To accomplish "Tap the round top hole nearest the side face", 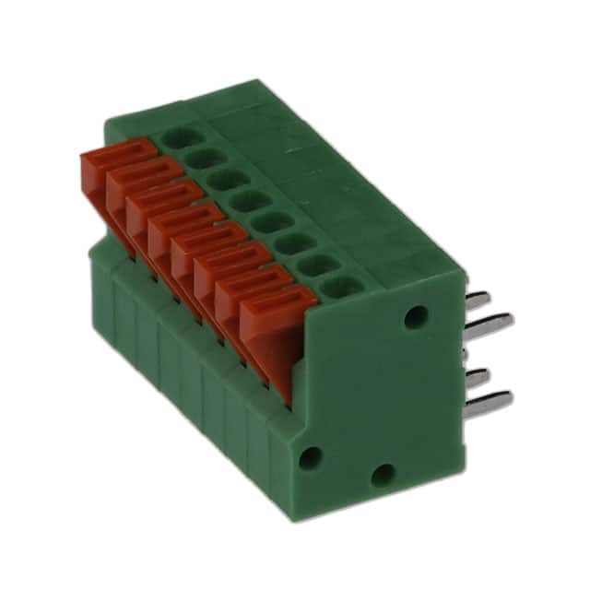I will (x=340, y=286).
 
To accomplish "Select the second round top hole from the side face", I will (x=316, y=265).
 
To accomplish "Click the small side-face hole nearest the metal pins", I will (x=417, y=315).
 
